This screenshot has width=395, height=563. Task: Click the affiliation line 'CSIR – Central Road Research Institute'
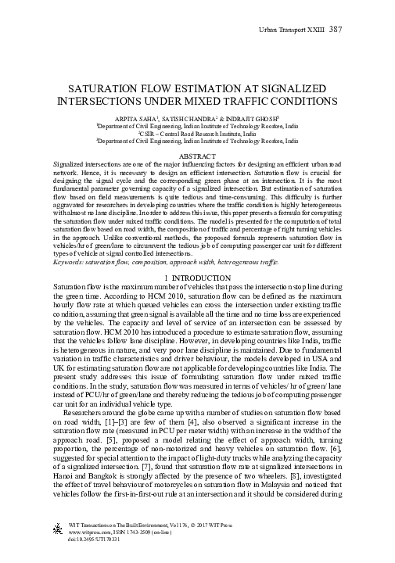coord(197,133)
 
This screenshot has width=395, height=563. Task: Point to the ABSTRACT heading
coord(197,156)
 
